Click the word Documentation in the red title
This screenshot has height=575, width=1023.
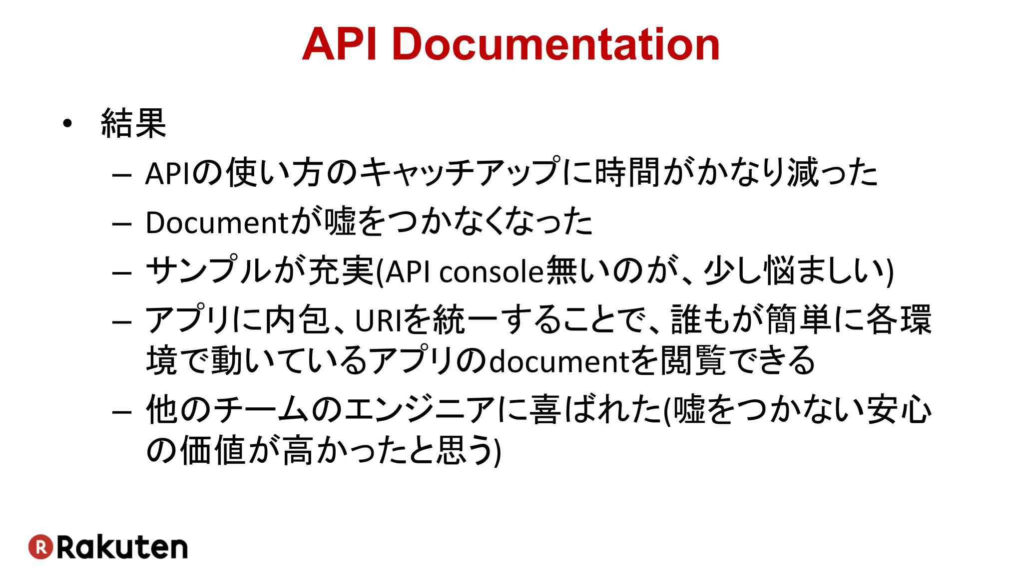pos(555,45)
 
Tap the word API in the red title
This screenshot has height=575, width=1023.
pos(339,45)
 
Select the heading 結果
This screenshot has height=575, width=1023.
pos(133,123)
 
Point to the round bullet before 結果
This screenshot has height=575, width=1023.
pos(67,123)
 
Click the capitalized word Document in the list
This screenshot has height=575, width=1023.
pos(217,223)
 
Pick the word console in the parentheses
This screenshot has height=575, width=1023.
pos(491,273)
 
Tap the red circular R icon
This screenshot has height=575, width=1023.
pos(40,547)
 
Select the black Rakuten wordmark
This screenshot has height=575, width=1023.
pos(122,547)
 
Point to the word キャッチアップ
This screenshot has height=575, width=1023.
pos(460,173)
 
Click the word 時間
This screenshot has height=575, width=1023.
pos(628,173)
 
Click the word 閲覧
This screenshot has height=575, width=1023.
pos(693,360)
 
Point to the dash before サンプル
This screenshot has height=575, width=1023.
pos(122,273)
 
